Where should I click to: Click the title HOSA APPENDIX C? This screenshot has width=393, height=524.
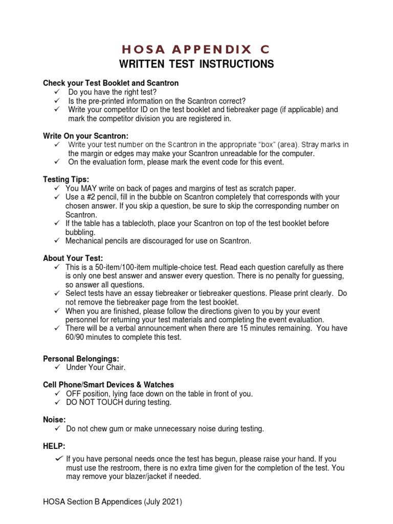[196, 49]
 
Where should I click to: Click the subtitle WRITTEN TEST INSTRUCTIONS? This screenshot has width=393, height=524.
[196, 64]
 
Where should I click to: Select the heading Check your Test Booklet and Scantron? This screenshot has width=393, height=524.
[111, 83]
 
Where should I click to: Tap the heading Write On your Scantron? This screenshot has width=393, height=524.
[85, 136]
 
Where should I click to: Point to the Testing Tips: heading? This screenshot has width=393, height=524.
[66, 179]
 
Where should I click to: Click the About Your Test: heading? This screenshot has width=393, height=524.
[73, 258]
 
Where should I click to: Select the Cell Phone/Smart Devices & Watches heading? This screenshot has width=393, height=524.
[108, 384]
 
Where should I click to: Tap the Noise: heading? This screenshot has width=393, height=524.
[54, 420]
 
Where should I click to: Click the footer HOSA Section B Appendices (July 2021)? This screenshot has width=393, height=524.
[113, 503]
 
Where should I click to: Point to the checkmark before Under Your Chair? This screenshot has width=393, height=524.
[57, 367]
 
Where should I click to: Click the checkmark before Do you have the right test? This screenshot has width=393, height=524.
[57, 92]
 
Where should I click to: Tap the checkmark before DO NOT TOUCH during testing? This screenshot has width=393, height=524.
[57, 402]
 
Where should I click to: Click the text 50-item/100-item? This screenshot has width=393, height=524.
[117, 268]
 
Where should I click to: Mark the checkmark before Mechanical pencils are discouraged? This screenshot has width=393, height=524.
[57, 241]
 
